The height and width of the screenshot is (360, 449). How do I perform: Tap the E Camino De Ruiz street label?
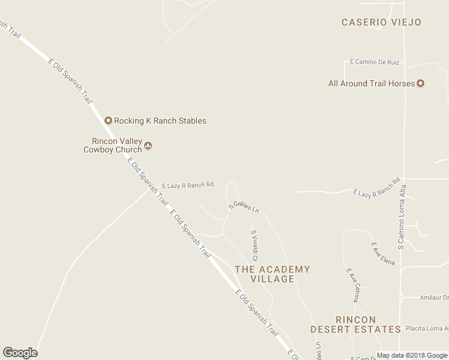375,62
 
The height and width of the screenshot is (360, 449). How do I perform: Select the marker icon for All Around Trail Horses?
421,83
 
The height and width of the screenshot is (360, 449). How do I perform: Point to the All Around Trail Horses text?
372,83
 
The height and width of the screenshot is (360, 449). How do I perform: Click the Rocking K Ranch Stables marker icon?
109,121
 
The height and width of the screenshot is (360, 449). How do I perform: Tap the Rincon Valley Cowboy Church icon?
148,145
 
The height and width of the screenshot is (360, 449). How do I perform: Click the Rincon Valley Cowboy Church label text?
113,145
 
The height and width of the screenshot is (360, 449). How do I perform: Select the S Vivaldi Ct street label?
254,245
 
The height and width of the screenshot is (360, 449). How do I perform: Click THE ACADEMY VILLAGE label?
273,274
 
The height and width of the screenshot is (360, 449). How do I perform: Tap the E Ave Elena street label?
383,253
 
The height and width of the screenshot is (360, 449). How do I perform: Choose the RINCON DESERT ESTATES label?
356,325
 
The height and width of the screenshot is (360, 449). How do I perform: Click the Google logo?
20,353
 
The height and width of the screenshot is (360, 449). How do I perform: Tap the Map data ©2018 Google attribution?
412,355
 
